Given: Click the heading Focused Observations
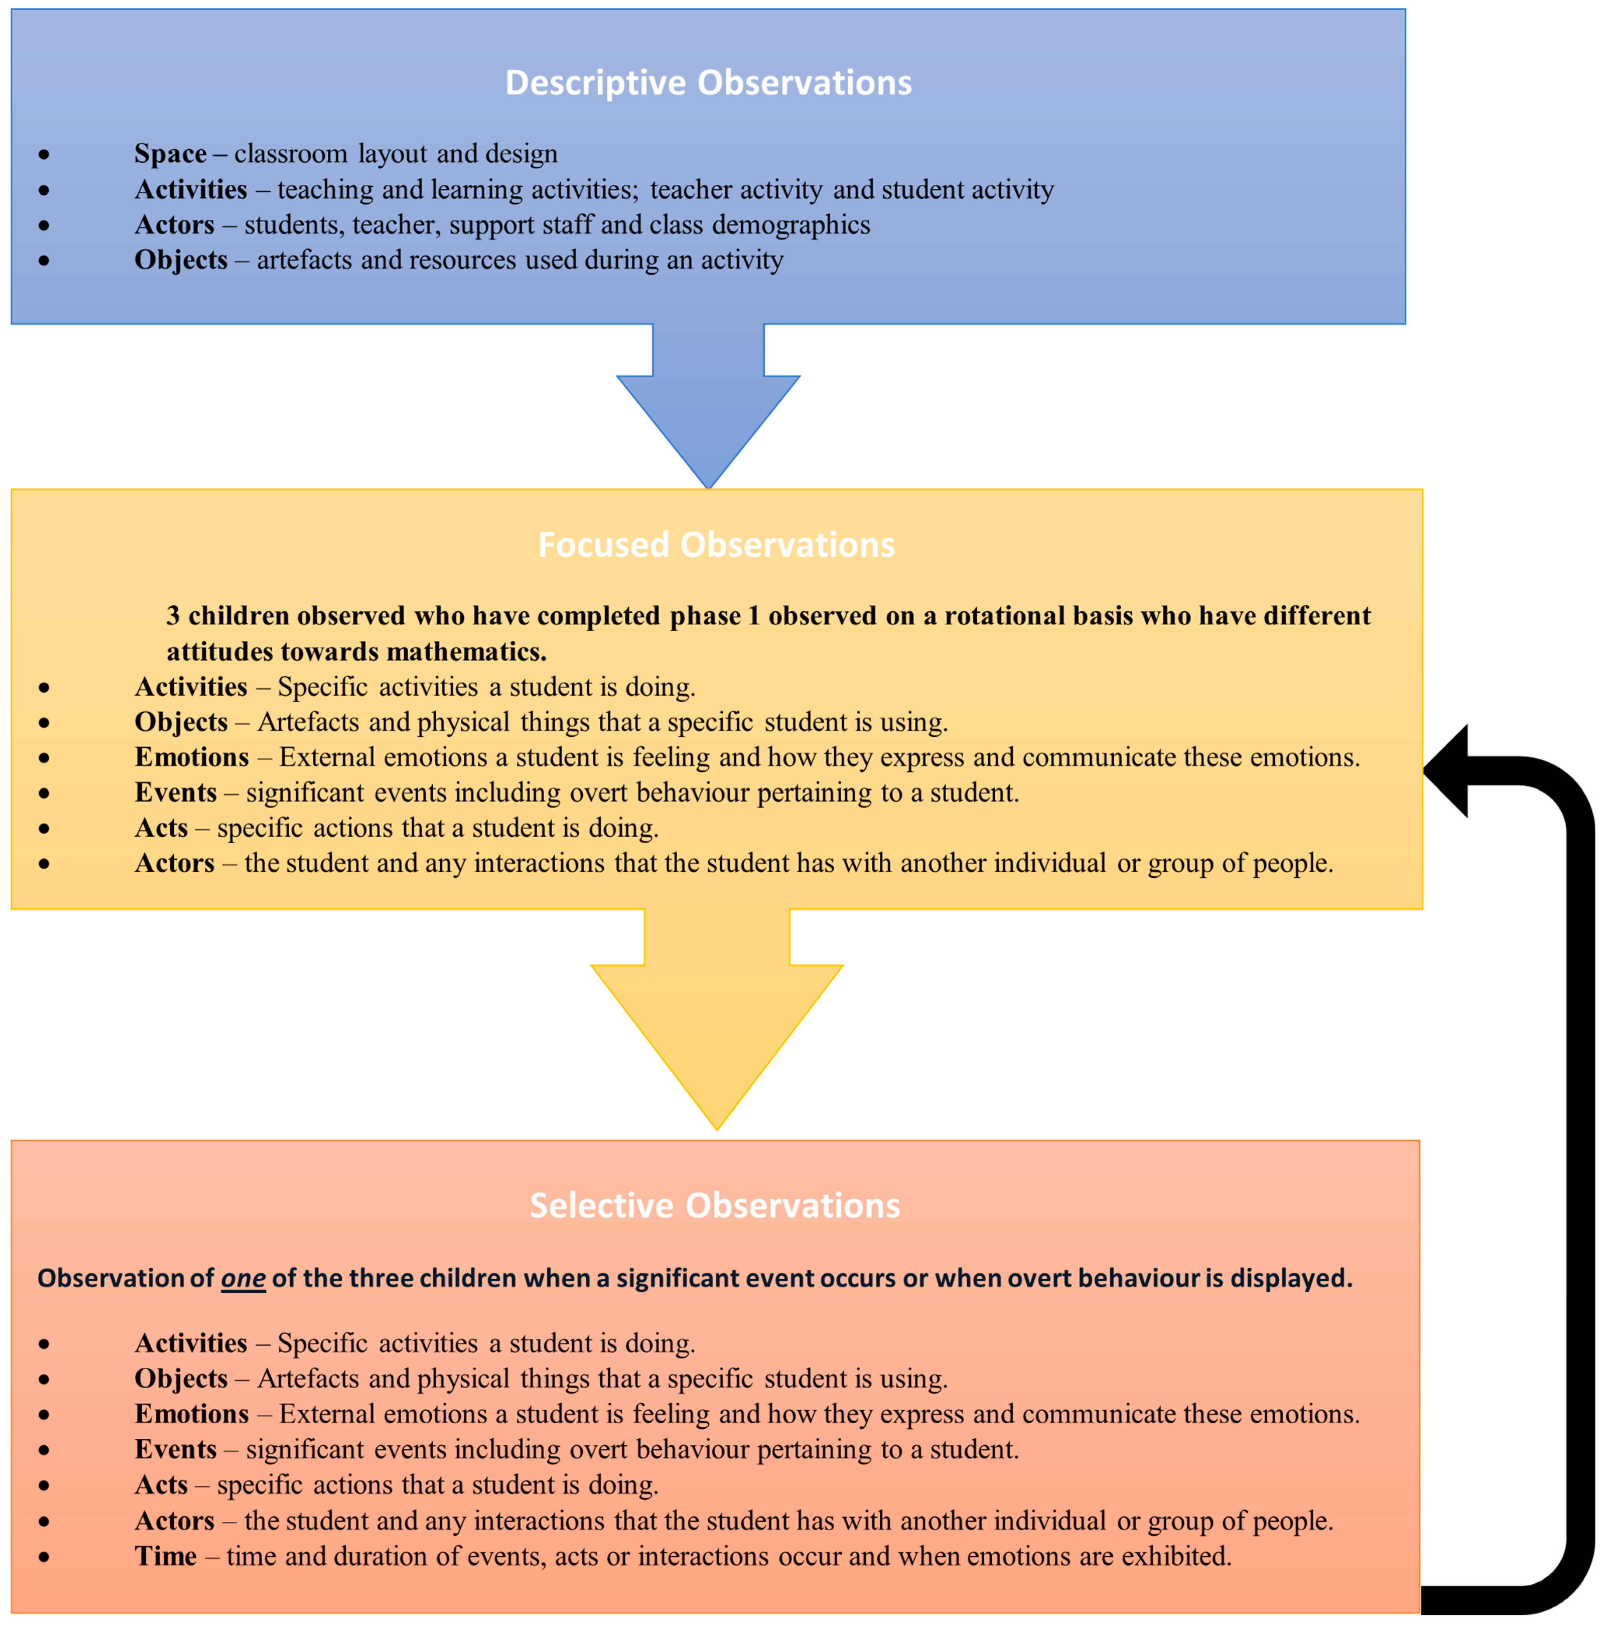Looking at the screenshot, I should point(716,545).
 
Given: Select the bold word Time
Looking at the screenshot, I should point(165,1556).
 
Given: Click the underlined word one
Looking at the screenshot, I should point(243,1278).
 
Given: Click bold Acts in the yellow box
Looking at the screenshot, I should point(161,828).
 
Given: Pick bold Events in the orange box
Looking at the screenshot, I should point(175,1449).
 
